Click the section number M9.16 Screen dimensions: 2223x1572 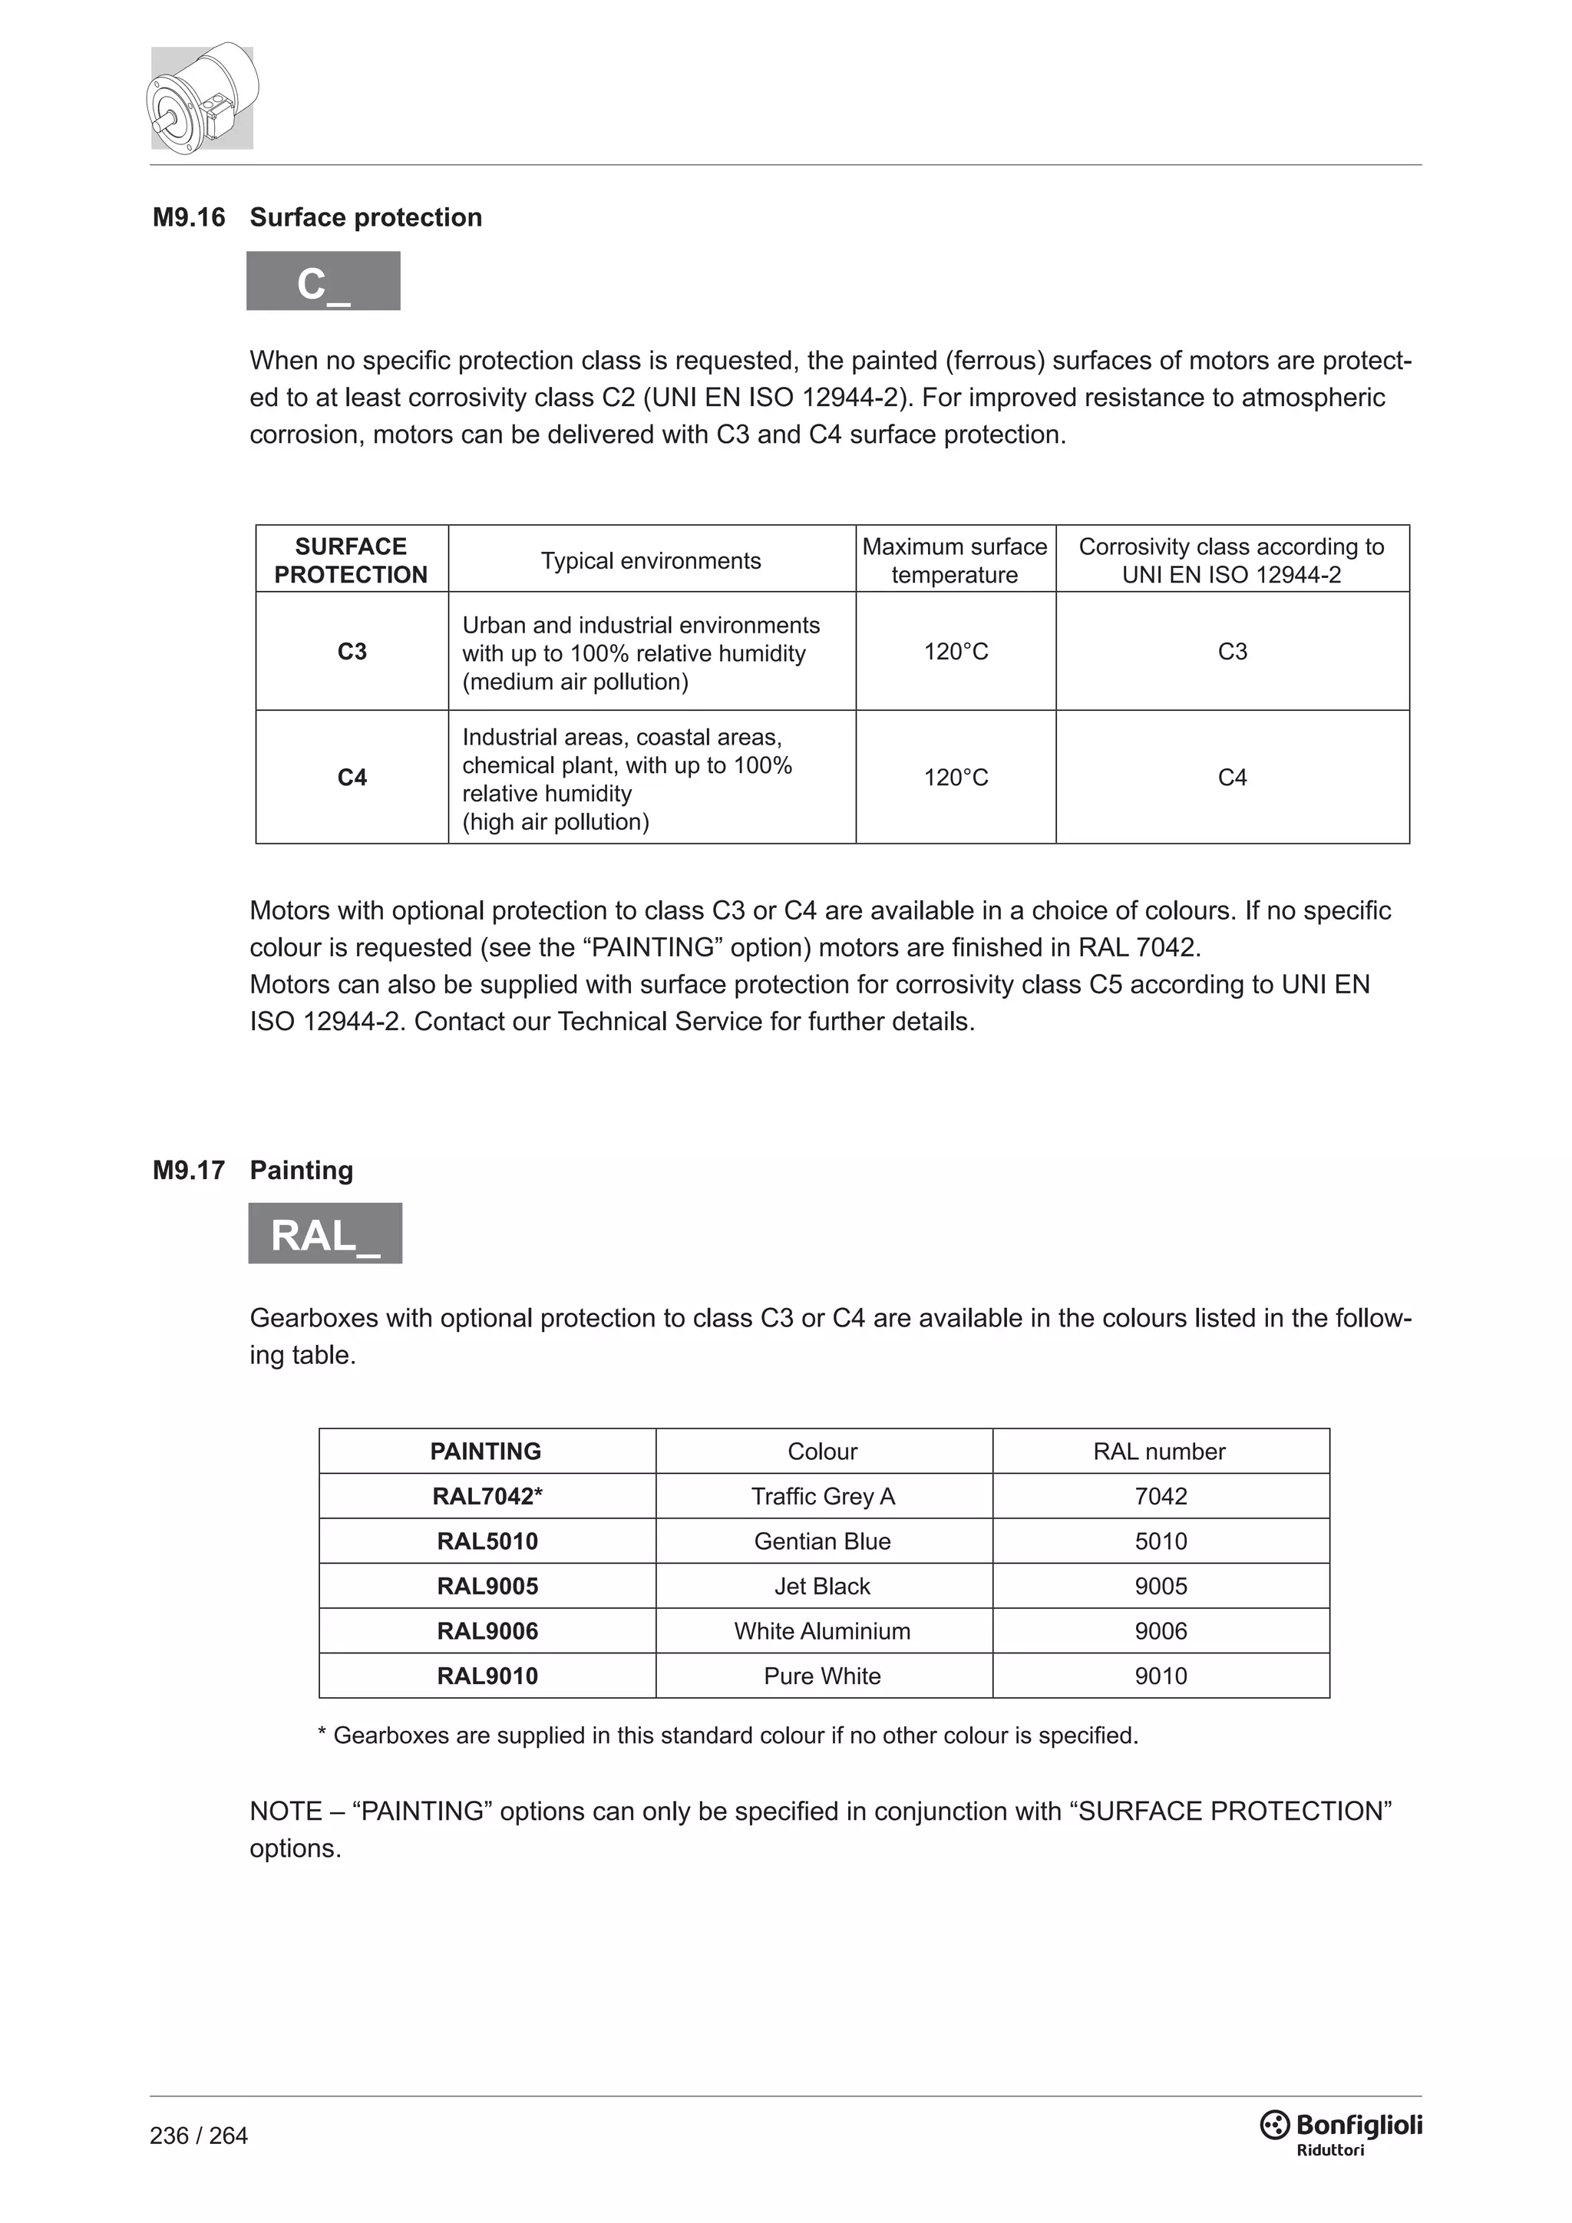tap(189, 218)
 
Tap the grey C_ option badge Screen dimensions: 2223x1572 tap(323, 282)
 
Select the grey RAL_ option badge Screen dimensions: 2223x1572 tap(325, 1234)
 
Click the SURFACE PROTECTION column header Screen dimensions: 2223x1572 tap(351, 560)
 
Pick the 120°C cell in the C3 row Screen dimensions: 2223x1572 tap(956, 652)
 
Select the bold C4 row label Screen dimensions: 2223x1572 tap(352, 778)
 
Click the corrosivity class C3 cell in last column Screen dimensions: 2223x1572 tap(1231, 652)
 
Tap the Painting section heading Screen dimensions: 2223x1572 tap(301, 1171)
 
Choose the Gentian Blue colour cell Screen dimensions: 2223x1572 tap(822, 1541)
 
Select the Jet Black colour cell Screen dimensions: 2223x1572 tap(822, 1586)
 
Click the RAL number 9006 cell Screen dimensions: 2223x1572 tap(1160, 1631)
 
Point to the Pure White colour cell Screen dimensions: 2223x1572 tap(822, 1676)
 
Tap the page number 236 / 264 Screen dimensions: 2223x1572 tap(199, 2135)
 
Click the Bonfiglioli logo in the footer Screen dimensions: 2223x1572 tap(1341, 2127)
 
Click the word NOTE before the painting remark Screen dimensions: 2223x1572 tap(286, 1812)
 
